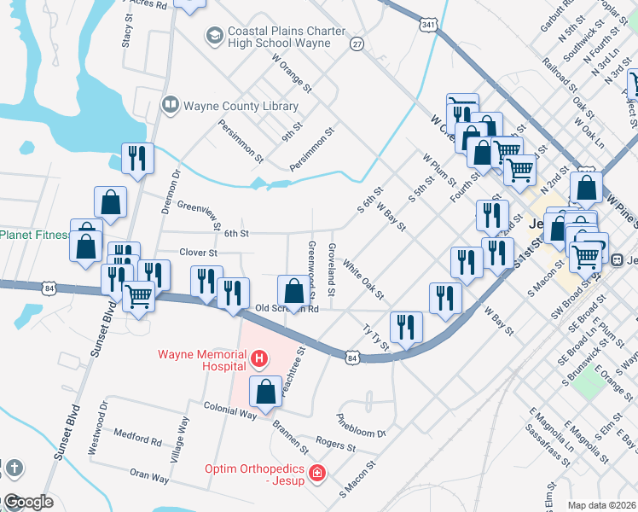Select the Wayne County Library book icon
[171, 106]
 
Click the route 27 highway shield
[357, 43]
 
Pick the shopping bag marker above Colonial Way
[265, 392]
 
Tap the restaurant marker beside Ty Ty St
[406, 328]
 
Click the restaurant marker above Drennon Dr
[137, 158]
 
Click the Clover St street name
[199, 253]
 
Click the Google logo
[27, 502]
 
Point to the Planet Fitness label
[34, 234]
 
